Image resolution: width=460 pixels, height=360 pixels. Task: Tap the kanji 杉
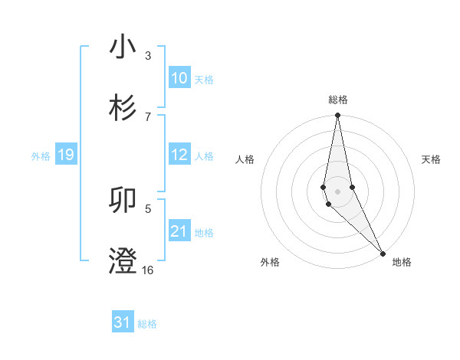(x=123, y=107)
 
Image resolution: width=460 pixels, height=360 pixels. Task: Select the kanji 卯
(x=123, y=201)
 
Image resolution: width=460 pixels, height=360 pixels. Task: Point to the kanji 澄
(x=123, y=260)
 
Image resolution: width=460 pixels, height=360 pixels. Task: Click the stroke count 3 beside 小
(x=148, y=56)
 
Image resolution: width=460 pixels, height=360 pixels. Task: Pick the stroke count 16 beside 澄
(x=147, y=270)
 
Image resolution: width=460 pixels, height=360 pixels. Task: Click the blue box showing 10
(x=179, y=78)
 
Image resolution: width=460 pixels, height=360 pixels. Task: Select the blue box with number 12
(x=179, y=155)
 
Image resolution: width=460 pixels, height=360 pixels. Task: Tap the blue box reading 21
(x=179, y=231)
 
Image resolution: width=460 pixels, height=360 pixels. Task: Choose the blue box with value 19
(x=65, y=155)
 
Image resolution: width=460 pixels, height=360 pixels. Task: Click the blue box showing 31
(x=122, y=322)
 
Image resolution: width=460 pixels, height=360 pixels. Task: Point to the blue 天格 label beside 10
(x=204, y=80)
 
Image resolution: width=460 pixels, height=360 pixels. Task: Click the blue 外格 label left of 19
(x=41, y=156)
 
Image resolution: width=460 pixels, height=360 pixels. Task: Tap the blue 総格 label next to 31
(x=147, y=324)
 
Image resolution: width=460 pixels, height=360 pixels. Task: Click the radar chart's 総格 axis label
(x=338, y=100)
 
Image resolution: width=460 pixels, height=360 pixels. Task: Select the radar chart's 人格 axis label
(x=245, y=159)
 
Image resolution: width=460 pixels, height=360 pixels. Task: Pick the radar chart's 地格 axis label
(x=402, y=262)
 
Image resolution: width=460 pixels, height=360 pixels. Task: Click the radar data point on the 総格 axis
(x=338, y=116)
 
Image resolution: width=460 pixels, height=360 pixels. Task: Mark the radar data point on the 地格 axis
(x=383, y=253)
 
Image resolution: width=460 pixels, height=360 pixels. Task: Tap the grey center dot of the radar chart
(x=338, y=191)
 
